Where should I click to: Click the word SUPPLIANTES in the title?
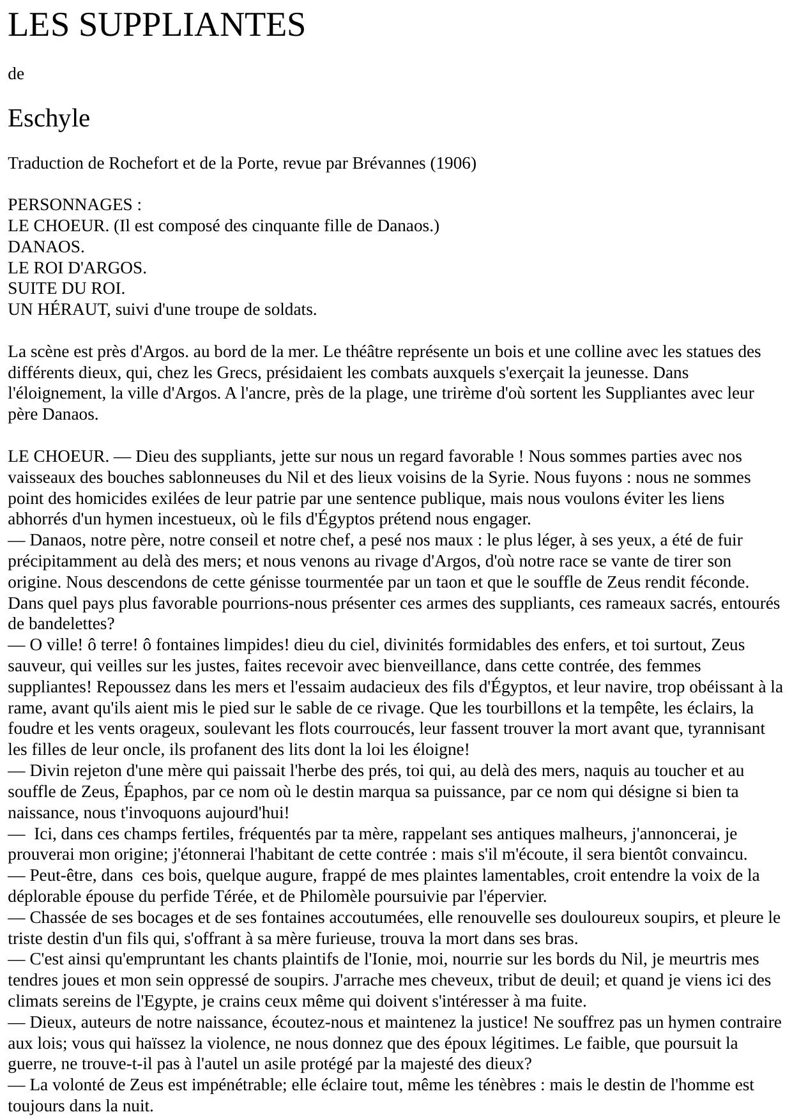192,25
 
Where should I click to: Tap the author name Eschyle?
49,118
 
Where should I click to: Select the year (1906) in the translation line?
453,164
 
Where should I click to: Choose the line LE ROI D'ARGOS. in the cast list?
77,268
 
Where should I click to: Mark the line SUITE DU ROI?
66,289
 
